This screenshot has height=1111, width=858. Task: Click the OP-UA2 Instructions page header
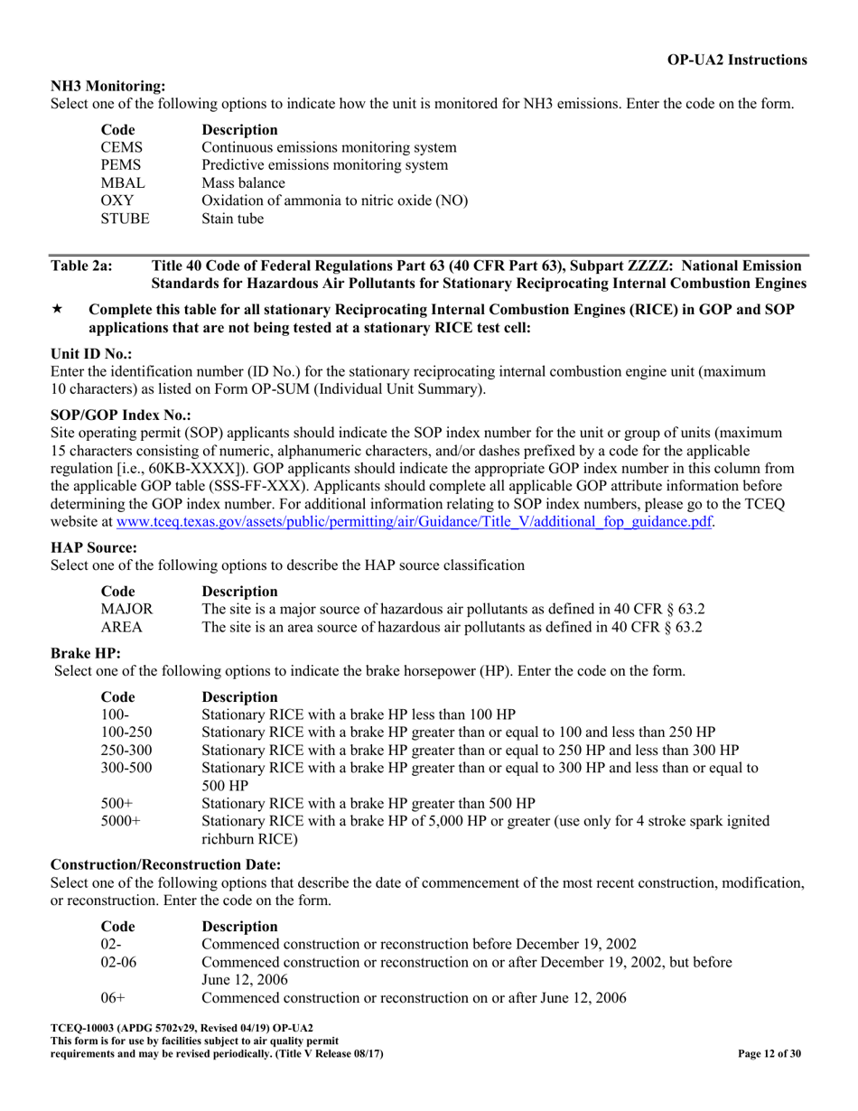(x=737, y=60)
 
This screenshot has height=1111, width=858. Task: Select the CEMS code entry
(x=121, y=147)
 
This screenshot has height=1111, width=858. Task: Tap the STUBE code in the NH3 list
(x=125, y=219)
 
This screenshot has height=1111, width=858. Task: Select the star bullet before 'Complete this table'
(x=57, y=310)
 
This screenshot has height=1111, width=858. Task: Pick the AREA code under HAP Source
(x=120, y=626)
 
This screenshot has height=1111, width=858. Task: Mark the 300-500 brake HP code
(x=126, y=768)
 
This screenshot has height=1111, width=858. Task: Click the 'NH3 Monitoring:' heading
(x=107, y=86)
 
